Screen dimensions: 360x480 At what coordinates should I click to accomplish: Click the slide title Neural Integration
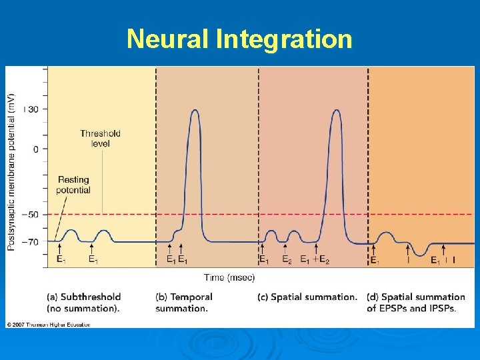239,39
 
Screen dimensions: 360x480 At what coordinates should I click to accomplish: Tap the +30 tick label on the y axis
32,109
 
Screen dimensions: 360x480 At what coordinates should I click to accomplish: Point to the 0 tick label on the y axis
36,149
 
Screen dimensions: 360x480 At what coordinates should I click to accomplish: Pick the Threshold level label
100,138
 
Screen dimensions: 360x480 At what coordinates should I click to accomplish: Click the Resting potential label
73,185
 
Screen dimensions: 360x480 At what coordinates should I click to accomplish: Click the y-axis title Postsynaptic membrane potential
12,172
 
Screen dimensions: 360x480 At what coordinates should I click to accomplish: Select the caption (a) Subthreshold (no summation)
84,303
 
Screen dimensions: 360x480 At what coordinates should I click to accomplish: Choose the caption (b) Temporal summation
184,303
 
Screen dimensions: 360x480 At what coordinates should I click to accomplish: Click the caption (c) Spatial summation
307,297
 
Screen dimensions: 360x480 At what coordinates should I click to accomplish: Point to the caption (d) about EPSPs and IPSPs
416,303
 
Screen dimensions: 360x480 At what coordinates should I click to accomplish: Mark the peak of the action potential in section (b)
195,111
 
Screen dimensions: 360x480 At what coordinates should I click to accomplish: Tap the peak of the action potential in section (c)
336,111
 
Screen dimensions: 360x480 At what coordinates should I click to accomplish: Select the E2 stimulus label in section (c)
287,260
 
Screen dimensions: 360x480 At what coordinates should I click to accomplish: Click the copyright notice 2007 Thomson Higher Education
49,325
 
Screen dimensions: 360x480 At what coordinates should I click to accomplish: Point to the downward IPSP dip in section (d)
419,253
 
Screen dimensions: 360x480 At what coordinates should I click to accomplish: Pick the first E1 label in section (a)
61,260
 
